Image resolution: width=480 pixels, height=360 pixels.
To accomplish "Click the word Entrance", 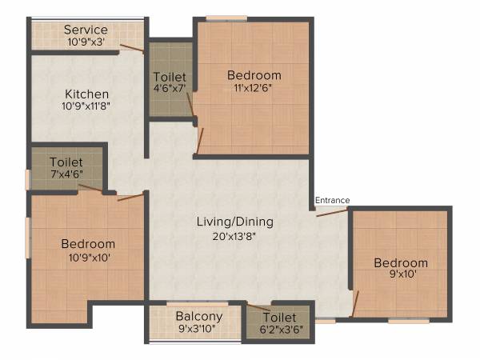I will [332, 200].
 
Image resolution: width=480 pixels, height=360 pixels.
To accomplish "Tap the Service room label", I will [86, 30].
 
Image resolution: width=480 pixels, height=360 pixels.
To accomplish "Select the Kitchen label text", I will [86, 94].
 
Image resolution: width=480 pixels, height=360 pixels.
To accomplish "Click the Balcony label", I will [198, 316].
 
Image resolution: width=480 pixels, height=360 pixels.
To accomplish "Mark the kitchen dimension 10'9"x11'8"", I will [86, 106].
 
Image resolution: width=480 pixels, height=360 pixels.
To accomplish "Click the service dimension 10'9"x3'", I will [86, 42].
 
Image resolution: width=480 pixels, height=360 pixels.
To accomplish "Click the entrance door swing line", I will [331, 212].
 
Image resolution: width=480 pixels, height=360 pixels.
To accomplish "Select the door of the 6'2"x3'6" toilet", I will [258, 307].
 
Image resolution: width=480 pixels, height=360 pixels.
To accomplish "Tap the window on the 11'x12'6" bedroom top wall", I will [226, 18].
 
